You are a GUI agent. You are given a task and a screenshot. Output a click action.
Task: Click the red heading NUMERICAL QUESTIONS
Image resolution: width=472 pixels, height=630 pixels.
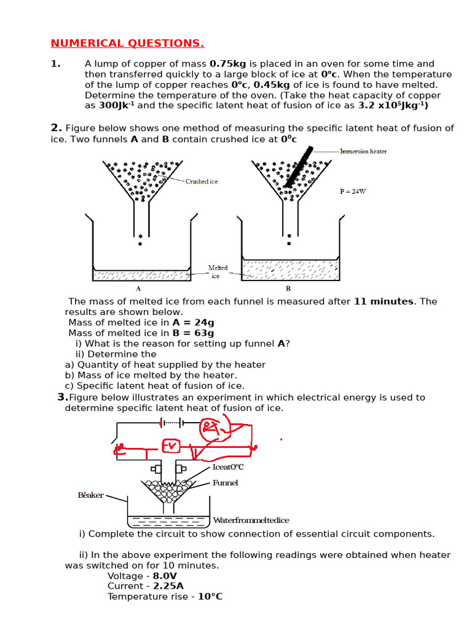pos(127,43)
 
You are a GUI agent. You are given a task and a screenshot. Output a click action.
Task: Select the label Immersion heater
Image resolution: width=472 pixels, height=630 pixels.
pos(363,151)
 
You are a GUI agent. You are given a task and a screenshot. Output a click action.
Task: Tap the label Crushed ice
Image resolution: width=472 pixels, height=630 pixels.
pos(202,181)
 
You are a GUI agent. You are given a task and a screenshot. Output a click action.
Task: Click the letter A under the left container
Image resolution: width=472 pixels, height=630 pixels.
pos(138,288)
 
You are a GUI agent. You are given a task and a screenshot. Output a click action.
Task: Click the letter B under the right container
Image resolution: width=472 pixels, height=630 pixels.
pos(288,288)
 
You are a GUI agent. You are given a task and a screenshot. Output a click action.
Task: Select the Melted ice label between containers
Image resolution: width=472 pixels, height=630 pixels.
pos(218,272)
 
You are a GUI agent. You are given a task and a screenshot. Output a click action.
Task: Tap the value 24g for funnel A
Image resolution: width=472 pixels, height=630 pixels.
pos(202,322)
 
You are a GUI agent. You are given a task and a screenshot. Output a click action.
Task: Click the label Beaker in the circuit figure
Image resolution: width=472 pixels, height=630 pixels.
pos(90,495)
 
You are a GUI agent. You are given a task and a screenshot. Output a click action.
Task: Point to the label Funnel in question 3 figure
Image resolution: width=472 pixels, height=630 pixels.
pos(225,483)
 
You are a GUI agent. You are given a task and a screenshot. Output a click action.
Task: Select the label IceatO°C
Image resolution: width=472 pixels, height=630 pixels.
pos(228,467)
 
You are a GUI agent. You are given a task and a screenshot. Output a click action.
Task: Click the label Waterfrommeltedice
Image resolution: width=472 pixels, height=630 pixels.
pos(250,520)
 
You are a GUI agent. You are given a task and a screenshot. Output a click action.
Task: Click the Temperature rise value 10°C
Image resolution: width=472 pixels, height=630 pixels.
pos(210,597)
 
